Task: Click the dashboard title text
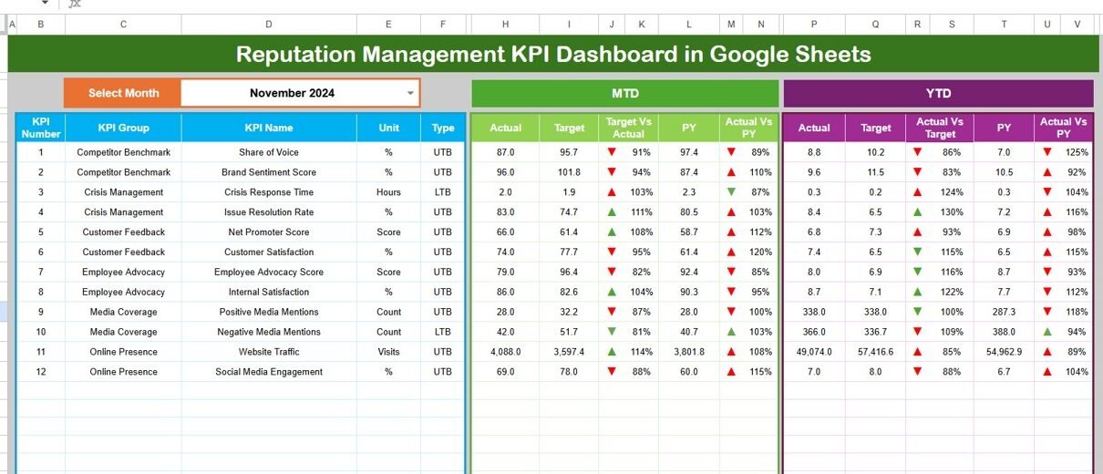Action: pos(553,54)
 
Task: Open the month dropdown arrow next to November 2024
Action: pos(410,93)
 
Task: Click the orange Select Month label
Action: pos(123,93)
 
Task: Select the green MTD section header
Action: pos(624,93)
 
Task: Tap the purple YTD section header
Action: pos(938,93)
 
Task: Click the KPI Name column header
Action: pos(269,128)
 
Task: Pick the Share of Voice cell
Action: pos(269,152)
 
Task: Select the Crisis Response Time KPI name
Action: pos(269,192)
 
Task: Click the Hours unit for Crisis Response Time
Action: pos(388,192)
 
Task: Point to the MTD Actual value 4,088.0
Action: pos(505,352)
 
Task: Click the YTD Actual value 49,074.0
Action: pos(814,352)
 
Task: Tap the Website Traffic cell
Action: pos(269,352)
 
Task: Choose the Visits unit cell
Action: pos(388,352)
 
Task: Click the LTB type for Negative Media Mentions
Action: pos(443,332)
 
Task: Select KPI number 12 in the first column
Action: pos(40,372)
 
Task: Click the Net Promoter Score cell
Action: pos(269,232)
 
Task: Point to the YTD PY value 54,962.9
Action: pos(1004,352)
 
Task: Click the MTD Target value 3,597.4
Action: pos(569,352)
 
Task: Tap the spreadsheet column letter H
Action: pos(505,25)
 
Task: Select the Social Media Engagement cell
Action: pos(269,372)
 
